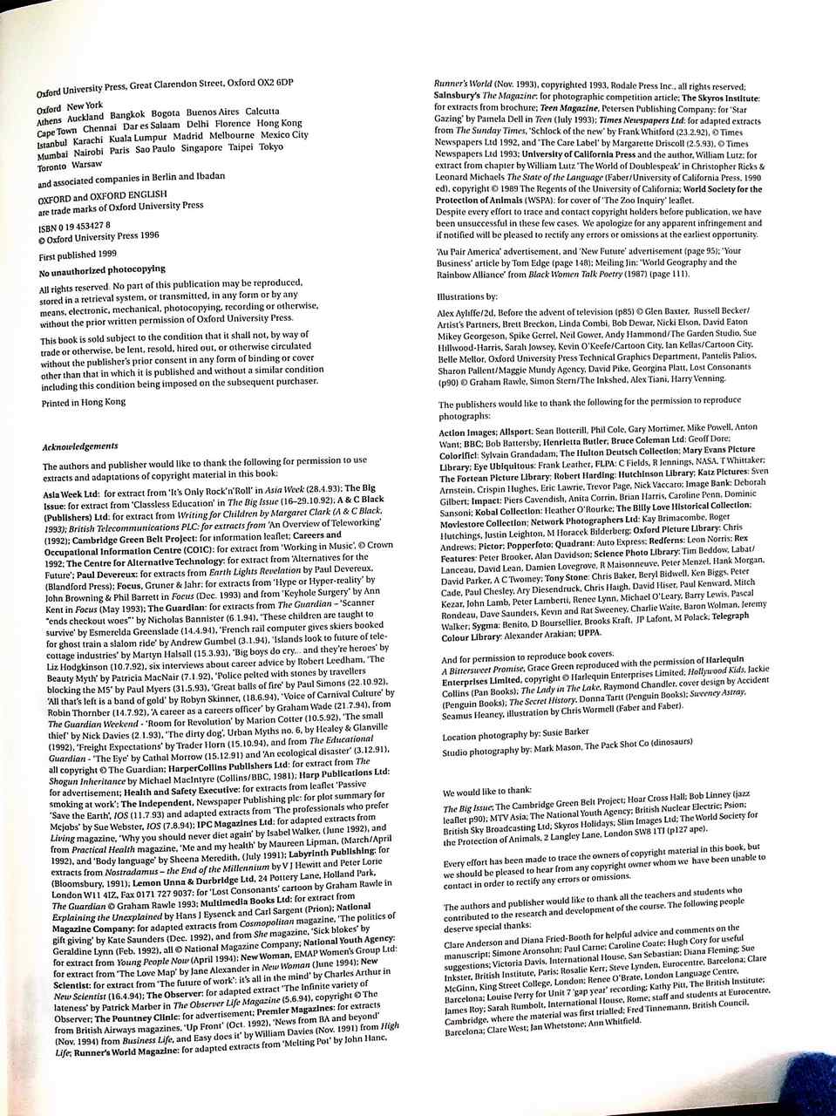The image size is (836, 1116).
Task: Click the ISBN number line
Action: [74, 224]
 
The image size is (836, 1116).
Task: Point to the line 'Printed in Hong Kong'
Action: [83, 402]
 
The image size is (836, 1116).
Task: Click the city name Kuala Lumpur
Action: [139, 138]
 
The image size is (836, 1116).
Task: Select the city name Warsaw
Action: [86, 164]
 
